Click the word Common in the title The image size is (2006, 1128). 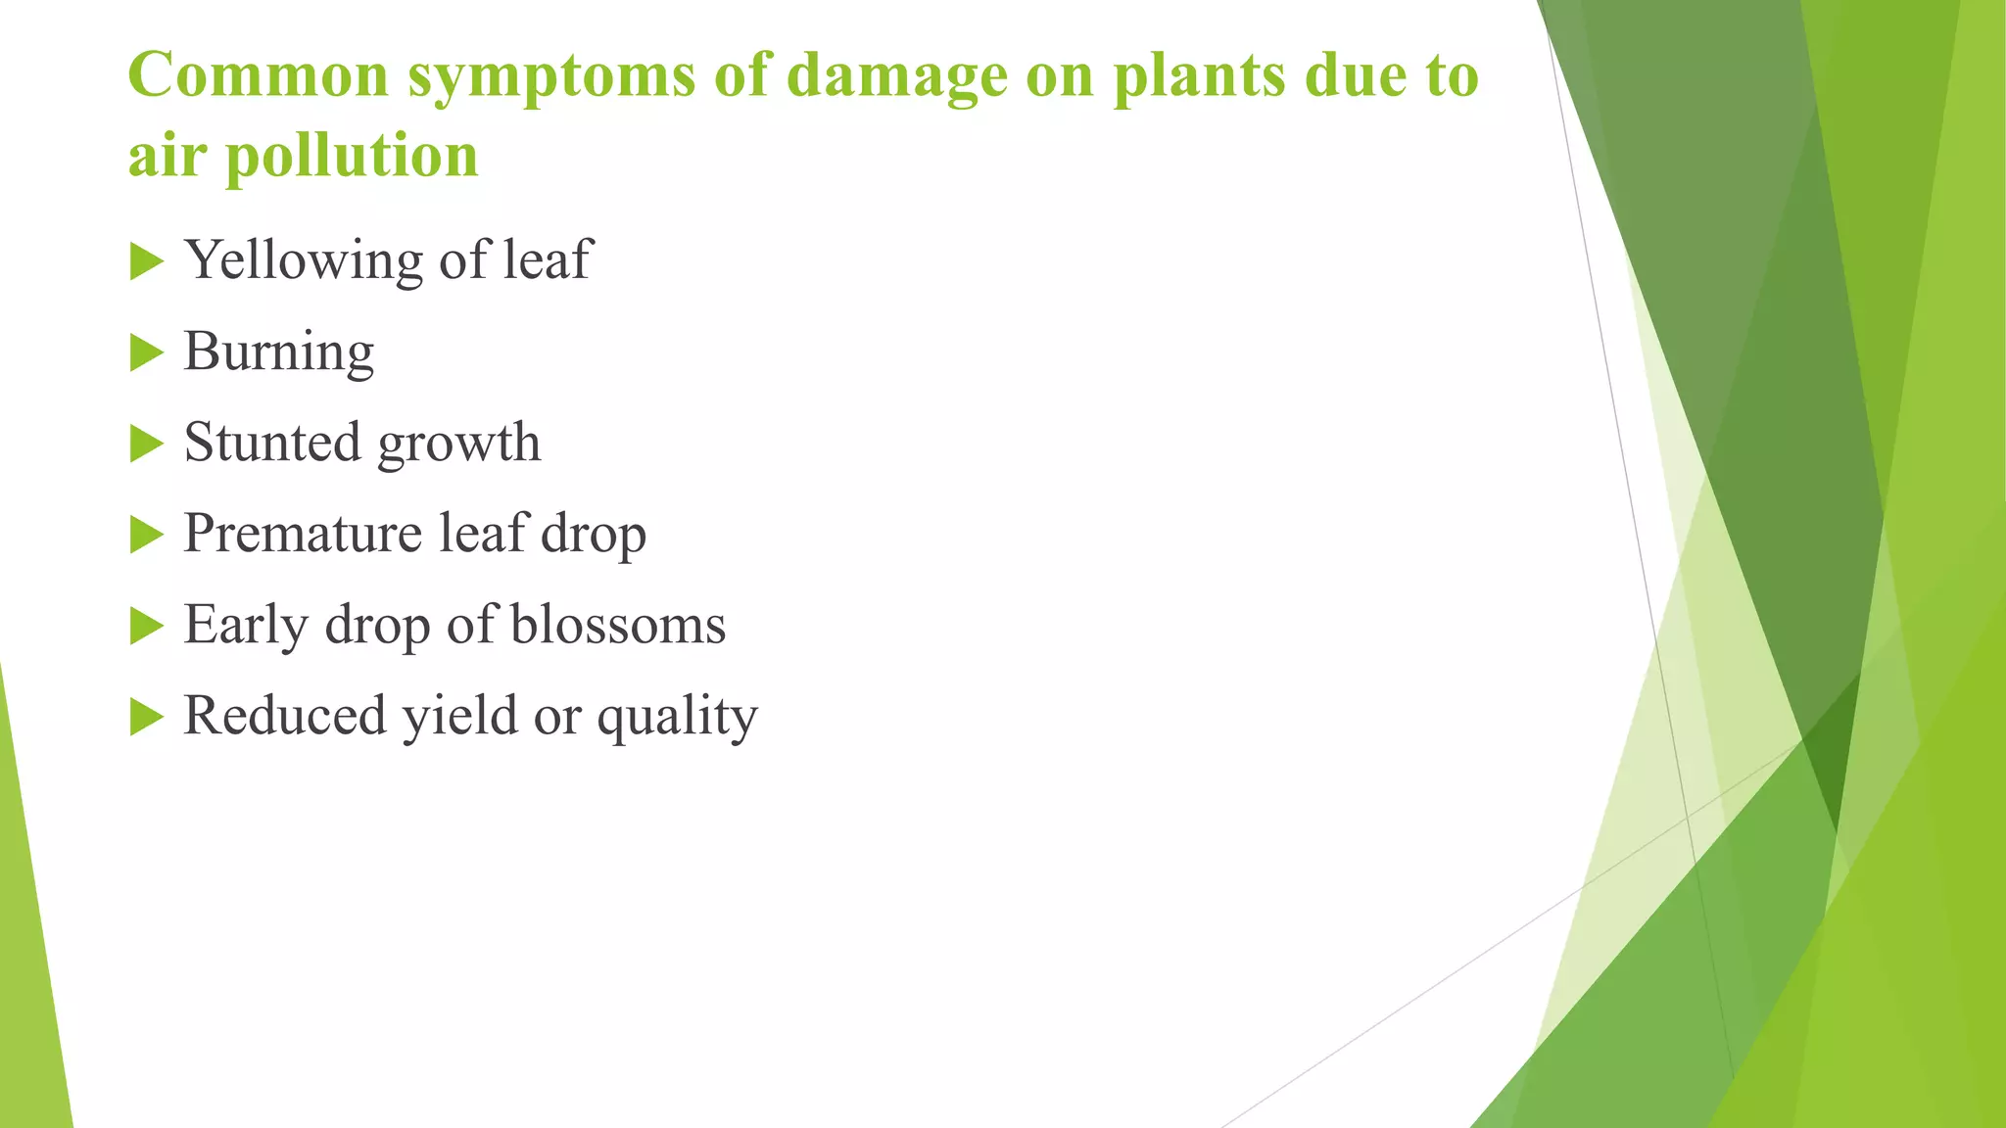point(259,75)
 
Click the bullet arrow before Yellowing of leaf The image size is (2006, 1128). point(146,261)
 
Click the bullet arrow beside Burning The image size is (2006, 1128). point(146,352)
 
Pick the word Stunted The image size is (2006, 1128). point(271,443)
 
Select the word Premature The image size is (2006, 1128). point(302,534)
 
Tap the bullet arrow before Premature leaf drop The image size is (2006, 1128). point(146,535)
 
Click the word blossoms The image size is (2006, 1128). point(618,625)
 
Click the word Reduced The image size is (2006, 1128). point(284,716)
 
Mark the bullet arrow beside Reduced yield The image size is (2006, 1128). point(146,717)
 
